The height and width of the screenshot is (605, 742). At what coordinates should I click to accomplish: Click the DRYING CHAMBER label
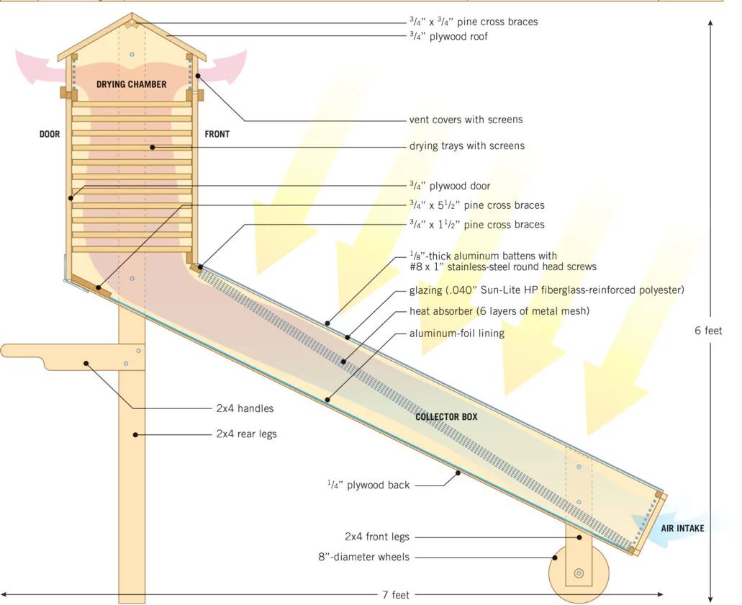pyautogui.click(x=132, y=84)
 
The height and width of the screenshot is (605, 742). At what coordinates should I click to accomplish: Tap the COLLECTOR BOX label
pyautogui.click(x=446, y=416)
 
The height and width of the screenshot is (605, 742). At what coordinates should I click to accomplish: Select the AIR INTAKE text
pyautogui.click(x=682, y=529)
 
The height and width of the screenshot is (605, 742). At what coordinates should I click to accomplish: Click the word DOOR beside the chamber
pyautogui.click(x=50, y=135)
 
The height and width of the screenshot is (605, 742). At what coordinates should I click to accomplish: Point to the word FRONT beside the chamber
pyautogui.click(x=217, y=135)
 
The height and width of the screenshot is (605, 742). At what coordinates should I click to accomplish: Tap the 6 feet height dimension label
pyautogui.click(x=708, y=331)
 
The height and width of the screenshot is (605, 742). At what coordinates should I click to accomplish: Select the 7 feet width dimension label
pyautogui.click(x=396, y=595)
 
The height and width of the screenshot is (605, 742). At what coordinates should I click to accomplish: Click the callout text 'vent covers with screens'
pyautogui.click(x=466, y=120)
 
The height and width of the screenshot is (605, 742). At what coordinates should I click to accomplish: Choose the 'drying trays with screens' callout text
pyautogui.click(x=467, y=145)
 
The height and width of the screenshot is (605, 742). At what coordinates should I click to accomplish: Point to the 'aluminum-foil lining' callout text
pyautogui.click(x=457, y=333)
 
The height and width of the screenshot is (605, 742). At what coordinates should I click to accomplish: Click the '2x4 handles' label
pyautogui.click(x=245, y=408)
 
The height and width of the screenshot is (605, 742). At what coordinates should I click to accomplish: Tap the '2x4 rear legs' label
pyautogui.click(x=247, y=434)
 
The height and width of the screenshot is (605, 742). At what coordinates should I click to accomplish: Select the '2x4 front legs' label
pyautogui.click(x=376, y=537)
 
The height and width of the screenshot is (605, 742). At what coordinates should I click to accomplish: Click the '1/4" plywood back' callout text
pyautogui.click(x=368, y=485)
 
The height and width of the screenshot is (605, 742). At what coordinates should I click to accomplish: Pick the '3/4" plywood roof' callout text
pyautogui.click(x=448, y=37)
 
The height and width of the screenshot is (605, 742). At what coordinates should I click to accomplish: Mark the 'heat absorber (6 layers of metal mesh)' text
pyautogui.click(x=499, y=311)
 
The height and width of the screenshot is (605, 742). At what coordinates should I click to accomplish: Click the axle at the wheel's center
pyautogui.click(x=579, y=573)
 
